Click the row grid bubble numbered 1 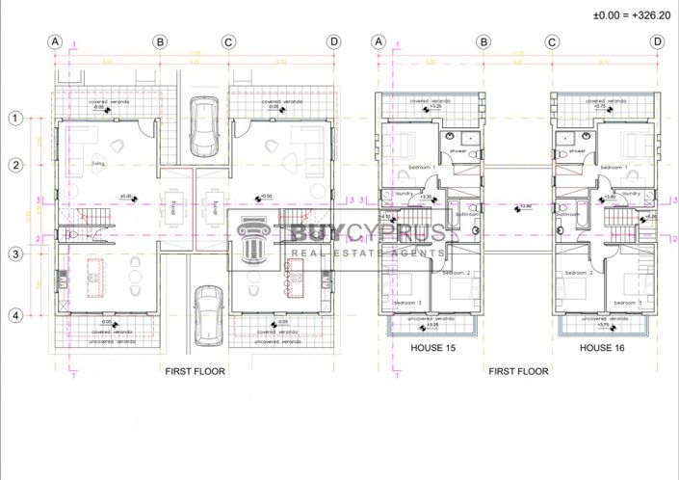click(x=15, y=119)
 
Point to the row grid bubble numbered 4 click(x=15, y=314)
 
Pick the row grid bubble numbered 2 click(x=15, y=165)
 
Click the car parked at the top click(x=202, y=125)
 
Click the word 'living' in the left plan click(x=98, y=165)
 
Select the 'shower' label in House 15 click(x=458, y=150)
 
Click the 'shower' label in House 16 click(x=577, y=150)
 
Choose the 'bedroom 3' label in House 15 click(x=407, y=304)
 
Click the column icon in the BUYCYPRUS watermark click(x=253, y=243)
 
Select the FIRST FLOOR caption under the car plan click(x=195, y=371)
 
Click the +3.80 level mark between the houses click(x=525, y=205)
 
